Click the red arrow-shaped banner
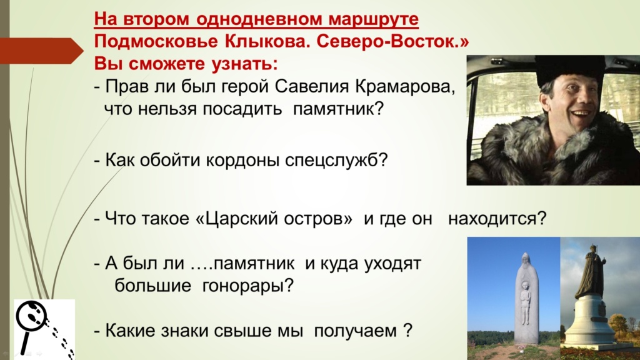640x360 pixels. coord(41,51)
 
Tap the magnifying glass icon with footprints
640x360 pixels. coord(44,329)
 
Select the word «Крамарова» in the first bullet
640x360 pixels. coord(405,86)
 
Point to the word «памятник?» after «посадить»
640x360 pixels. coord(339,109)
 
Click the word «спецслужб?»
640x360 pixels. coord(336,160)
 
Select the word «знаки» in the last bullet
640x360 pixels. coord(185,330)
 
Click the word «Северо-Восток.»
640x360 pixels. coord(392,42)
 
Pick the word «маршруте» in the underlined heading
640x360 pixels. coord(374,19)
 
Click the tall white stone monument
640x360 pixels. coord(525,299)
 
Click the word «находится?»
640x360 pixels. coord(497,218)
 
